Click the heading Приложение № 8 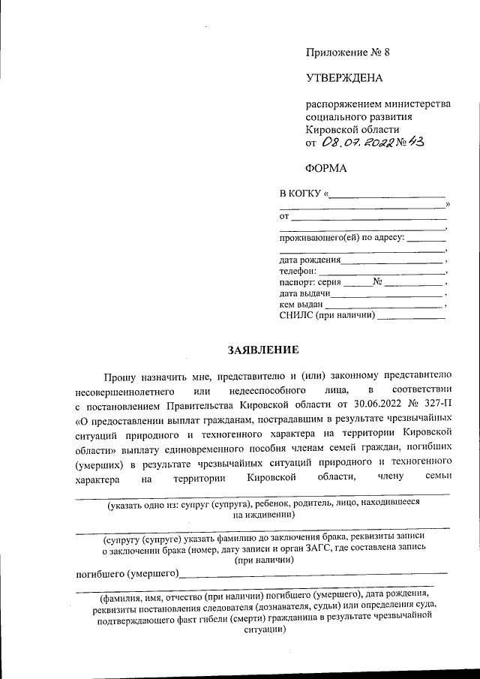tap(348, 53)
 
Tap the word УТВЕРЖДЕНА tap(344, 78)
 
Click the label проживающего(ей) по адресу tap(341, 238)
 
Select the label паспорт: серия tap(310, 283)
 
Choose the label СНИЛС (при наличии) tap(327, 316)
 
